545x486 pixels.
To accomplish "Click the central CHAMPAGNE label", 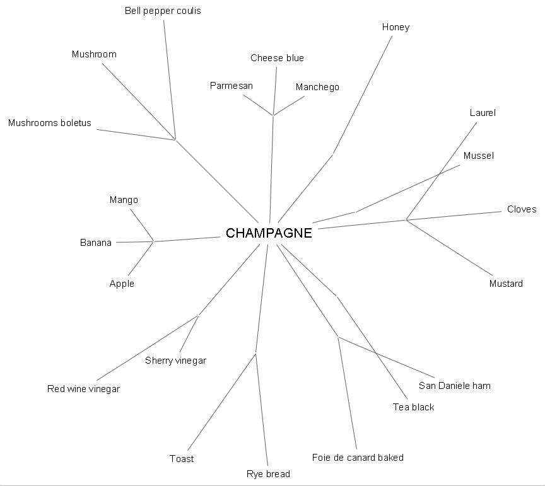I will (269, 233).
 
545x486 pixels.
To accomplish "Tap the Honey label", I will (396, 27).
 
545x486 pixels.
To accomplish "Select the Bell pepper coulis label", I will (163, 11).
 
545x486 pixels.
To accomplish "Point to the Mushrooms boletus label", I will (49, 123).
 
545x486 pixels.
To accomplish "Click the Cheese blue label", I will (277, 58).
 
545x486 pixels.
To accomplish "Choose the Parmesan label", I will (231, 86).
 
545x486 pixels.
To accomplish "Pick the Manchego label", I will (317, 87).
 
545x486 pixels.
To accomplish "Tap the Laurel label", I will (483, 113).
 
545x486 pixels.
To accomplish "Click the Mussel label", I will (478, 156).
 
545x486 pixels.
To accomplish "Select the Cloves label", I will (522, 209).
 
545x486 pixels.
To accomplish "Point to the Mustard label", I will (506, 284).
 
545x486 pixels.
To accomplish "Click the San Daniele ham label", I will (454, 386).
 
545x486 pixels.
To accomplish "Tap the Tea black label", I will (413, 407).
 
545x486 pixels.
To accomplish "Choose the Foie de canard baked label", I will (358, 458).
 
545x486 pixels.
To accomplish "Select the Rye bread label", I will (268, 474).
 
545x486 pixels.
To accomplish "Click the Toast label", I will (182, 459).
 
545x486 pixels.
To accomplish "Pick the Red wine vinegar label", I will (83, 389).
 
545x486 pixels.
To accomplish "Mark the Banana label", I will (96, 243).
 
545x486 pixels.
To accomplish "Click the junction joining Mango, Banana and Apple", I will (153, 241).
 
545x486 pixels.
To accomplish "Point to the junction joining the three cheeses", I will (273, 115).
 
